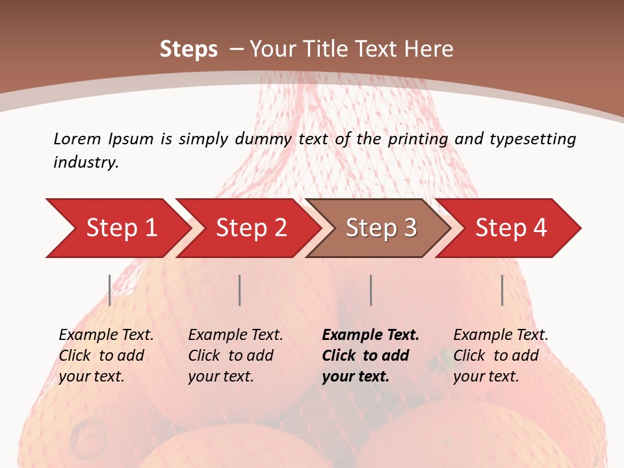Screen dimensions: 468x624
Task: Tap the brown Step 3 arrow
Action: (x=381, y=228)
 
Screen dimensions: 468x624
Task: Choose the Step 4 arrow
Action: (x=511, y=228)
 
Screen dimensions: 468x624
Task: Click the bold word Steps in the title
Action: (x=188, y=49)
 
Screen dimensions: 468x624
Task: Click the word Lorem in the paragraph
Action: (x=77, y=138)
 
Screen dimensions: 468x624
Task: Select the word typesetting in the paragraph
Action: (x=532, y=138)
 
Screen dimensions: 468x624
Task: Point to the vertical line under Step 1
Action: (x=109, y=290)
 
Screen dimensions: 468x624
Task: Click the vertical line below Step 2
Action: (x=240, y=290)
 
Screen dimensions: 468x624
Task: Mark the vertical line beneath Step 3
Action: (x=370, y=290)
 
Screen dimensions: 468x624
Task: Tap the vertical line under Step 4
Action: (x=502, y=290)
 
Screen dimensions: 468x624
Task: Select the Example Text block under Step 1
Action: (x=106, y=356)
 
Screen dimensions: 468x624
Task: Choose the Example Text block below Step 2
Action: (x=235, y=356)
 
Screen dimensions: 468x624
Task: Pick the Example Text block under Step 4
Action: (x=500, y=356)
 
